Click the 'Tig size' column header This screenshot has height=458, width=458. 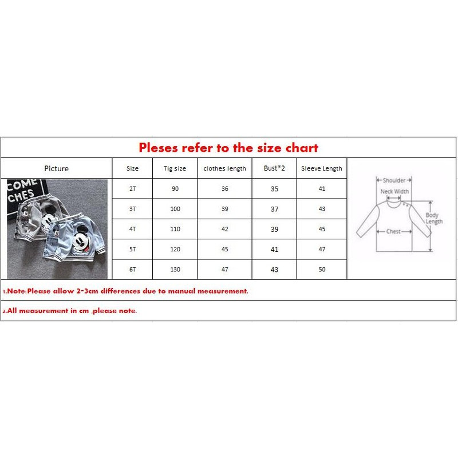pyautogui.click(x=175, y=168)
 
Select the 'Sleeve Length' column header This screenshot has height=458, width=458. pyautogui.click(x=322, y=168)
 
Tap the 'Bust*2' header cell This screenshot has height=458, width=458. pyautogui.click(x=274, y=168)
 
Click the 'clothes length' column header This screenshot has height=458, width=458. pyautogui.click(x=224, y=168)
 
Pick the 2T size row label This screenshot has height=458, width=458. pyautogui.click(x=133, y=189)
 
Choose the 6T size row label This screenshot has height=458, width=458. pyautogui.click(x=133, y=269)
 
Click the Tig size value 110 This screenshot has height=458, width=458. pyautogui.click(x=175, y=229)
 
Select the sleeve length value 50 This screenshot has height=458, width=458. pyautogui.click(x=322, y=269)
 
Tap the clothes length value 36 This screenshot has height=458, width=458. pyautogui.click(x=224, y=189)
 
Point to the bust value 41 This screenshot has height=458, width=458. pyautogui.click(x=274, y=250)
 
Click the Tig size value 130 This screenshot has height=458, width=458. pyautogui.click(x=175, y=269)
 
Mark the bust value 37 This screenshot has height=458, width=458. pyautogui.click(x=274, y=209)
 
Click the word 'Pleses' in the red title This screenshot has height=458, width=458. pyautogui.click(x=159, y=148)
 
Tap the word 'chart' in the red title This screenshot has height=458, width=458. pyautogui.click(x=302, y=148)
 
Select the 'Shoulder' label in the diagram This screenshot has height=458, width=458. pyautogui.click(x=394, y=180)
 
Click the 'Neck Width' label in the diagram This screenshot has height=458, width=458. pyautogui.click(x=394, y=192)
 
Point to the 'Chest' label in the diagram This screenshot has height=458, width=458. pyautogui.click(x=393, y=231)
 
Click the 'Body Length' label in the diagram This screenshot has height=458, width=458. pyautogui.click(x=434, y=218)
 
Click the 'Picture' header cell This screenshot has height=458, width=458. pyautogui.click(x=56, y=168)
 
